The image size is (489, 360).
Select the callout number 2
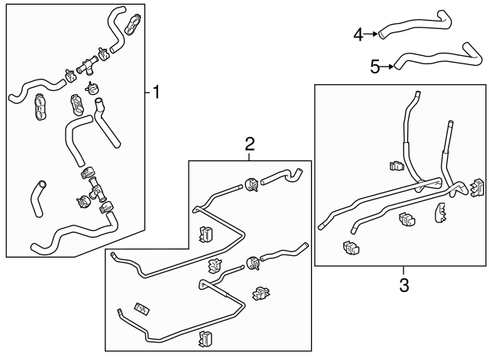click(x=249, y=143)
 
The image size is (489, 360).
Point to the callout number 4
click(x=359, y=34)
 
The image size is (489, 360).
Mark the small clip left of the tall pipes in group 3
click(x=395, y=167)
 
